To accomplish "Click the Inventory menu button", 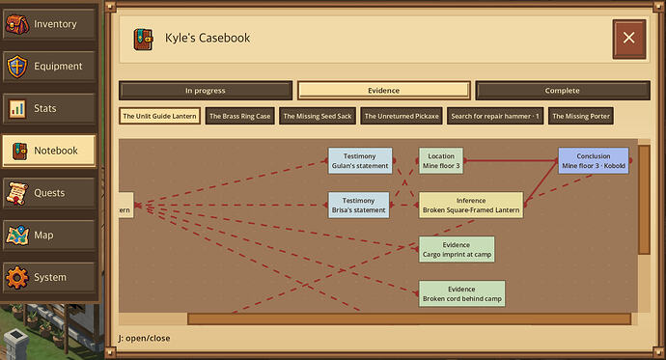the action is pyautogui.click(x=49, y=24).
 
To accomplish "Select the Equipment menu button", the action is pyautogui.click(x=49, y=67).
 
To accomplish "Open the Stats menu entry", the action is pyautogui.click(x=49, y=108).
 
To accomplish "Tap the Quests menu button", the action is pyautogui.click(x=49, y=193).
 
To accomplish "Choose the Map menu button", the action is pyautogui.click(x=49, y=235).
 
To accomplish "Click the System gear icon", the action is pyautogui.click(x=17, y=277).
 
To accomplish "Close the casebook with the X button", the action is pyautogui.click(x=629, y=39).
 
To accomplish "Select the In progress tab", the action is pyautogui.click(x=206, y=91).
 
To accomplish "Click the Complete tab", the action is pyautogui.click(x=563, y=91).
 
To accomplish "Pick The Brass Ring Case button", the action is pyautogui.click(x=240, y=116).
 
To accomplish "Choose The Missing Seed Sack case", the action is pyautogui.click(x=318, y=116).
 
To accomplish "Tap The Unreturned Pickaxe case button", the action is pyautogui.click(x=402, y=116).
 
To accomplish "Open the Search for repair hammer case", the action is pyautogui.click(x=495, y=116).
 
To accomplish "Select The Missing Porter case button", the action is pyautogui.click(x=581, y=116).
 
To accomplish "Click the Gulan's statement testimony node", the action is pyautogui.click(x=360, y=161).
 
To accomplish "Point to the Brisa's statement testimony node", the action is pyautogui.click(x=359, y=205).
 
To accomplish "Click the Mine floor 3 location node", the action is pyautogui.click(x=441, y=161).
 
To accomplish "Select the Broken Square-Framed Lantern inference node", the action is pyautogui.click(x=471, y=205).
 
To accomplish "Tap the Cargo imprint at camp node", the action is pyautogui.click(x=457, y=250).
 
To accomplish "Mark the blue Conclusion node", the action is pyautogui.click(x=594, y=161).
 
